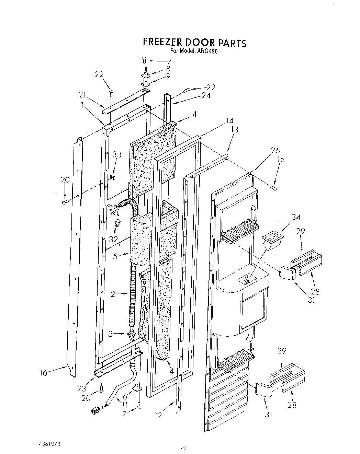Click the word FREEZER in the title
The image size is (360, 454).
pos(162,42)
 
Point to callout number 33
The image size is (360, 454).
pos(117,154)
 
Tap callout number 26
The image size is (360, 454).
pos(275,150)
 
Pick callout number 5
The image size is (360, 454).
pos(115,255)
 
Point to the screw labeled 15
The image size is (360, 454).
pos(274,187)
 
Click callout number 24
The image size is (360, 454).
pos(206,96)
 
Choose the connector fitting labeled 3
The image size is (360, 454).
pos(131,334)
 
